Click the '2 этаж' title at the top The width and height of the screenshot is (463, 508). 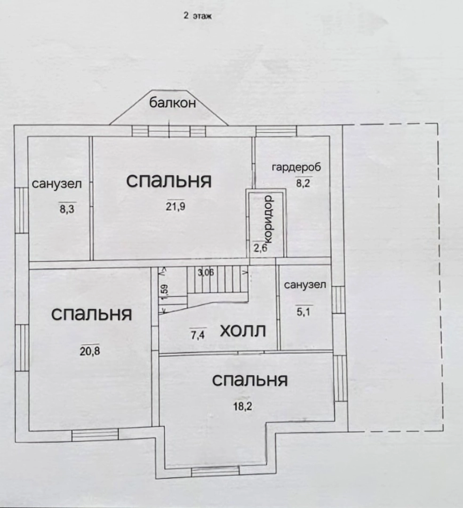coord(198,16)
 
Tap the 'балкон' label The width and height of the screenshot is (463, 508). coord(173,104)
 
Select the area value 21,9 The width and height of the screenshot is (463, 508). coord(175,206)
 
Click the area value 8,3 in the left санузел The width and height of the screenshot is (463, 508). coord(67,208)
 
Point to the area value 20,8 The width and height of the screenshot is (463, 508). coord(89,350)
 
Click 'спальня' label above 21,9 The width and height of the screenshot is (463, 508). coord(169,181)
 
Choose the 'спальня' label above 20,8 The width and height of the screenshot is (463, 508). coord(91,314)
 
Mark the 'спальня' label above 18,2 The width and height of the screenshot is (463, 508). coord(249,380)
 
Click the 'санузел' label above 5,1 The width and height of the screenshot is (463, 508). coord(305,285)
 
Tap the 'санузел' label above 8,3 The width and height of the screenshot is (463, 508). coord(57,184)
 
